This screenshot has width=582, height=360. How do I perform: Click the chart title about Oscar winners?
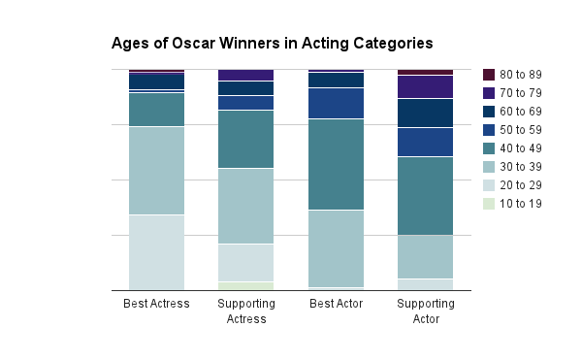click(x=272, y=44)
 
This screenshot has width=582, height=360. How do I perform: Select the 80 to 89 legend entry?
click(x=520, y=75)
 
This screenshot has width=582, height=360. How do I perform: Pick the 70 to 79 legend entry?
click(x=520, y=93)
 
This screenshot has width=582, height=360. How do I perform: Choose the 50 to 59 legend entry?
click(x=520, y=130)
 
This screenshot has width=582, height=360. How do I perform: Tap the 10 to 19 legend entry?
click(x=520, y=204)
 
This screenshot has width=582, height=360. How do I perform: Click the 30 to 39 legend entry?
click(x=520, y=167)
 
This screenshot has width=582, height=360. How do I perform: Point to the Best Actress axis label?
click(x=156, y=305)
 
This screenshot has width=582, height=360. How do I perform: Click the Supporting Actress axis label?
click(x=245, y=311)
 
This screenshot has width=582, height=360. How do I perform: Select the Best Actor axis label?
click(x=336, y=305)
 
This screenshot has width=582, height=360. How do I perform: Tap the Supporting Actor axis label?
click(x=425, y=311)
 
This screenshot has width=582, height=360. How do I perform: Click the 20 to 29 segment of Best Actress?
click(x=156, y=252)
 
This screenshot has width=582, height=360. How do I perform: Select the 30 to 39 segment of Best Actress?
click(x=156, y=171)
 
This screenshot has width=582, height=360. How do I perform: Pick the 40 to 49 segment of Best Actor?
click(x=336, y=164)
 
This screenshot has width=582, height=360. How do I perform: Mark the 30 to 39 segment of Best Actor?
click(x=336, y=248)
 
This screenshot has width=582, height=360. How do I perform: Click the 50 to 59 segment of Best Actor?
click(x=336, y=103)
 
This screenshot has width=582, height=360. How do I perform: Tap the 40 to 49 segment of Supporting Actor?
click(x=425, y=195)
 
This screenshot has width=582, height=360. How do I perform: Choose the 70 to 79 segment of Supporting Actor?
click(x=425, y=86)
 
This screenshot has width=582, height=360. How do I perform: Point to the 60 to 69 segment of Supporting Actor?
click(x=425, y=113)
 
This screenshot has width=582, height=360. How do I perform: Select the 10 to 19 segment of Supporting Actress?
click(x=245, y=286)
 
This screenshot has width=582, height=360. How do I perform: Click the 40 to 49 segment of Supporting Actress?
click(x=245, y=139)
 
